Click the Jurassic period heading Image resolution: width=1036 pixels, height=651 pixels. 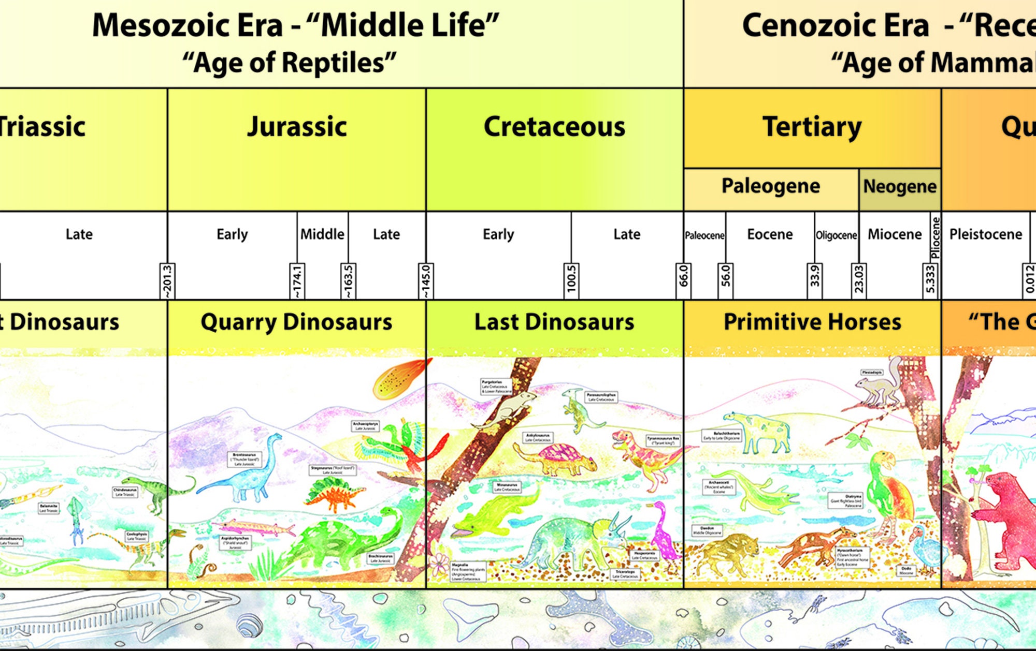pos(297,127)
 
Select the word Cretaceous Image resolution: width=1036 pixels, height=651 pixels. pos(554,127)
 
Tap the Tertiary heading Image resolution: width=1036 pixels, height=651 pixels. pos(812,127)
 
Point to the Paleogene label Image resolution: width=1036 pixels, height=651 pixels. pos(770,186)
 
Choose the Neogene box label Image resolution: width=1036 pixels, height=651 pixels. pos(900,186)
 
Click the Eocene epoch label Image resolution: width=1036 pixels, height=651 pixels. pos(770,234)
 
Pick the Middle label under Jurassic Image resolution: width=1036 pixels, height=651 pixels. pos(322,234)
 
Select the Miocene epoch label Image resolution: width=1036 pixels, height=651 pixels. pos(895,234)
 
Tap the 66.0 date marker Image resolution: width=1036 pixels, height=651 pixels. pos(683,276)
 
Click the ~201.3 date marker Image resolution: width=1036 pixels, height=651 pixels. pos(167,281)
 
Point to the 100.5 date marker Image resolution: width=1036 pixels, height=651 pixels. pos(571,280)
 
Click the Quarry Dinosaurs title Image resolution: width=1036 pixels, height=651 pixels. pos(296,322)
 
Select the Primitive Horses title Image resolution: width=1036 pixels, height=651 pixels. pos(812,322)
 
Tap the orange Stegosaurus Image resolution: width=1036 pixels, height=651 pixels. pos(334,494)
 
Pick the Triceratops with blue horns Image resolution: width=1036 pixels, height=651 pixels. pos(575,541)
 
